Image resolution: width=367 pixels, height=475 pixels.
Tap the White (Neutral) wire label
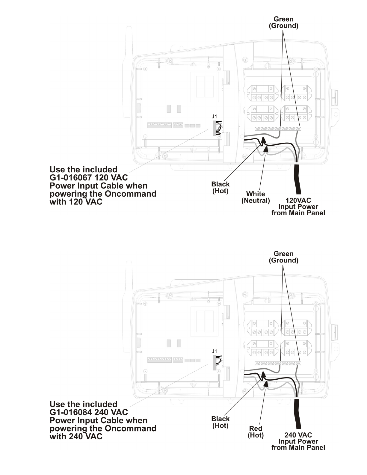point(256,197)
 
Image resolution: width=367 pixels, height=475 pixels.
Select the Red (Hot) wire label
point(256,432)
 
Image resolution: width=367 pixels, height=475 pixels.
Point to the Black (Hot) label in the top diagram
point(220,187)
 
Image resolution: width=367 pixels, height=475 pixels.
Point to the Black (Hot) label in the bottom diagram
point(220,422)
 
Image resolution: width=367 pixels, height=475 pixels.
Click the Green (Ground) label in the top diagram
point(283,22)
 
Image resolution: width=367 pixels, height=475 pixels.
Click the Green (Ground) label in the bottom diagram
point(283,257)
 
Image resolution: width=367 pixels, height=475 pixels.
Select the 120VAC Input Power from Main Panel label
point(298,206)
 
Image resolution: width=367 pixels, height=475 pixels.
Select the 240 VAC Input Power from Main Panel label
point(298,441)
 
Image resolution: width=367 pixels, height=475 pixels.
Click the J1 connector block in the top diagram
point(214,128)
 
